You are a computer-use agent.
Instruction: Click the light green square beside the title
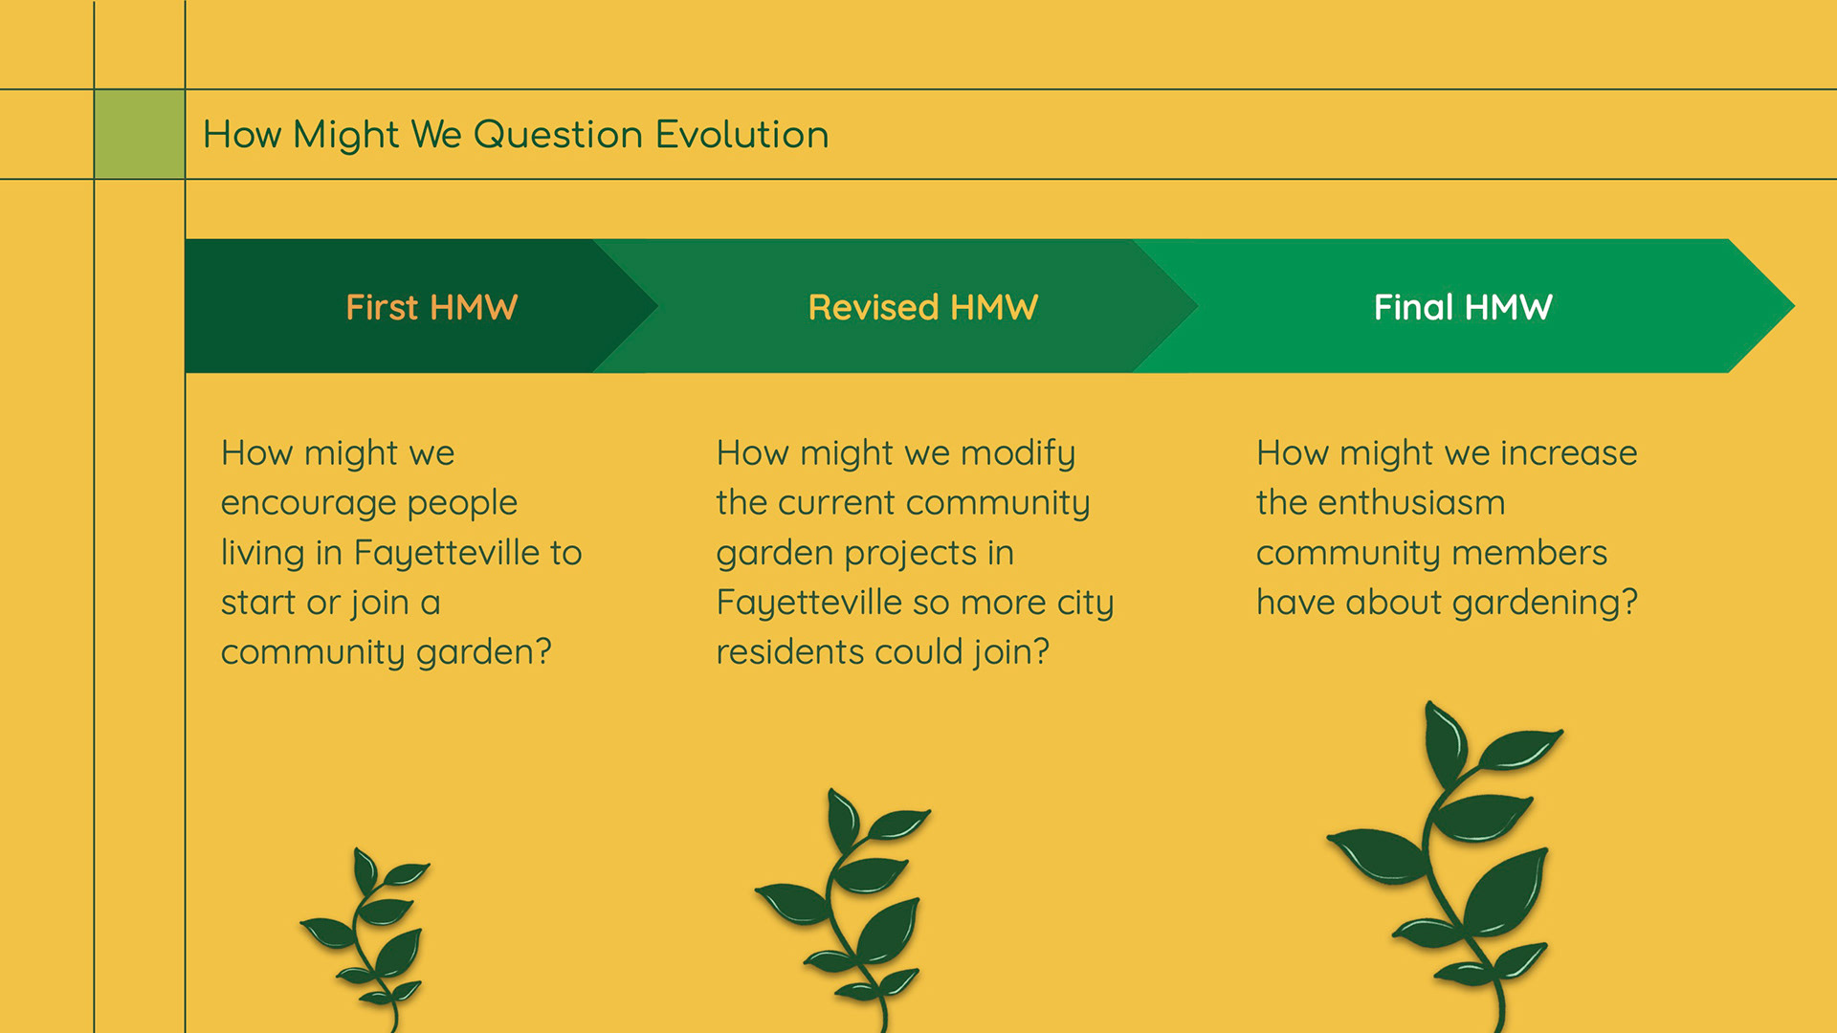click(140, 134)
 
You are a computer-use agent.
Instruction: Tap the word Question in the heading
click(558, 135)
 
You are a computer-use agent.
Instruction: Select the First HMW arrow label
click(432, 307)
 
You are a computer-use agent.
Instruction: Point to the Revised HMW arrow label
click(923, 307)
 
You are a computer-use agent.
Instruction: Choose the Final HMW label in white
click(1463, 307)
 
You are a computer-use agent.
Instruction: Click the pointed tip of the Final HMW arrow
click(1794, 306)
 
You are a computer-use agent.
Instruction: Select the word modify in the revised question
click(1018, 453)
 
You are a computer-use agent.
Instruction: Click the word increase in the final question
click(1569, 453)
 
